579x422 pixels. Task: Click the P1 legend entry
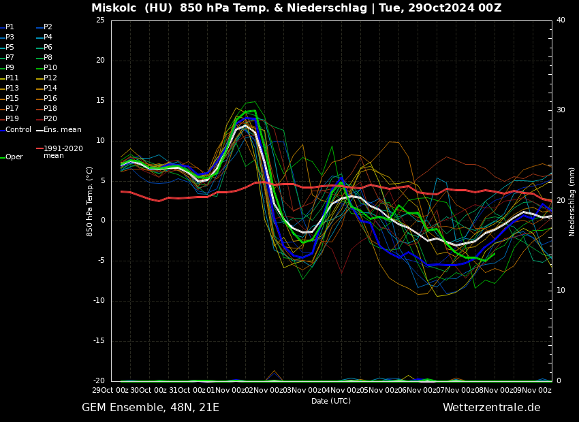pyautogui.click(x=10, y=27)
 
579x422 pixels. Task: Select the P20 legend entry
pyautogui.click(x=50, y=119)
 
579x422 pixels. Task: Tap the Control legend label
pyautogui.click(x=18, y=130)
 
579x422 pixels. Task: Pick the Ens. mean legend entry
pyautogui.click(x=62, y=130)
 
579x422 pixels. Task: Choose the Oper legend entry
pyautogui.click(x=14, y=157)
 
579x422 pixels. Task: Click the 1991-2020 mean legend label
pyautogui.click(x=63, y=152)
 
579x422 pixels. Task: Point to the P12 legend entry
pyautogui.click(x=50, y=78)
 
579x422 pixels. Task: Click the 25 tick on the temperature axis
pyautogui.click(x=100, y=20)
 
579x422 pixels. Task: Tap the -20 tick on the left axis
pyautogui.click(x=99, y=381)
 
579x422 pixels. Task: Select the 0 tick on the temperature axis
pyautogui.click(x=102, y=221)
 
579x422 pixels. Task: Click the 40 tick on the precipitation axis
pyautogui.click(x=561, y=20)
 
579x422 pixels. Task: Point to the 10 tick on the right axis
pyautogui.click(x=561, y=291)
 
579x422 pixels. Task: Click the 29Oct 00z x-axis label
pyautogui.click(x=111, y=390)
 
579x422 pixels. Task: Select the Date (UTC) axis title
pyautogui.click(x=331, y=401)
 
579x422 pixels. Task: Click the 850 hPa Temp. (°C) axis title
pyautogui.click(x=90, y=201)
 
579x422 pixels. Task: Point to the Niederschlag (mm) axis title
pyautogui.click(x=572, y=201)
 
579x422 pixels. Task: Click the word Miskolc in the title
pyautogui.click(x=112, y=8)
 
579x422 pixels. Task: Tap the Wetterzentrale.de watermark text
pyautogui.click(x=491, y=408)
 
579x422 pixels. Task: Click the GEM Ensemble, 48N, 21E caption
pyautogui.click(x=151, y=408)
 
